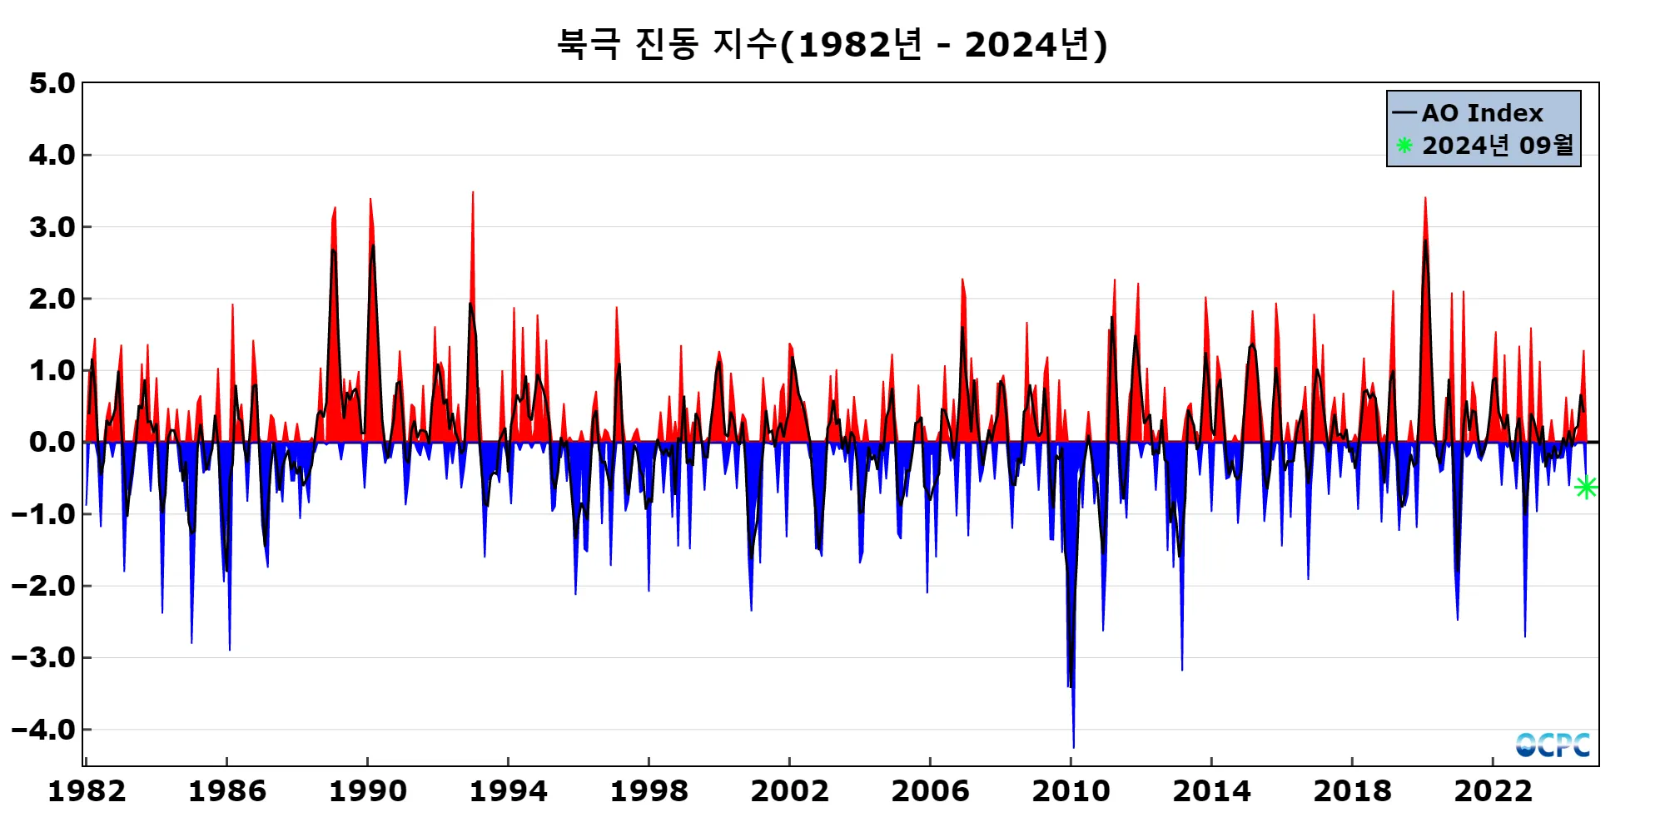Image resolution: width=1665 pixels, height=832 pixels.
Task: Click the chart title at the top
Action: pyautogui.click(x=832, y=44)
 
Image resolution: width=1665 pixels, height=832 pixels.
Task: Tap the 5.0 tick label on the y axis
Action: pyautogui.click(x=52, y=83)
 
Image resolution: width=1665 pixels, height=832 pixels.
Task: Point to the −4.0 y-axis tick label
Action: pyautogui.click(x=43, y=730)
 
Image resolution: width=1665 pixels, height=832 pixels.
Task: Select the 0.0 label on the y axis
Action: pyautogui.click(x=52, y=442)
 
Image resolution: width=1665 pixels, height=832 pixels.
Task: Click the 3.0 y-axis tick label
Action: pyautogui.click(x=52, y=227)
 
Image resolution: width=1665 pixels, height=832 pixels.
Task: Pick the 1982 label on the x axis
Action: pyautogui.click(x=87, y=791)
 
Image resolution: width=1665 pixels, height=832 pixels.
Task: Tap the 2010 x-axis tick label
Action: pyautogui.click(x=1071, y=791)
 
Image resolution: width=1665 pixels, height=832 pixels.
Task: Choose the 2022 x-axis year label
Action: pyautogui.click(x=1493, y=791)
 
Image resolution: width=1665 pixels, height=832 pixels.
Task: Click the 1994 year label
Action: pyautogui.click(x=508, y=791)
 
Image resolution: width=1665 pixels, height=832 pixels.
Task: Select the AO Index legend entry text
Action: pyautogui.click(x=1482, y=113)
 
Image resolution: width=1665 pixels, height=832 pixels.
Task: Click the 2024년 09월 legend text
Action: pyautogui.click(x=1498, y=146)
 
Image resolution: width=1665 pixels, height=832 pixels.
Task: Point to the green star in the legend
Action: pyautogui.click(x=1404, y=146)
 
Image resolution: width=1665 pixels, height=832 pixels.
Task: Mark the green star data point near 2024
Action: pyautogui.click(x=1586, y=488)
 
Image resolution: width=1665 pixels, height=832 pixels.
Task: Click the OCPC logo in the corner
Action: pyautogui.click(x=1553, y=745)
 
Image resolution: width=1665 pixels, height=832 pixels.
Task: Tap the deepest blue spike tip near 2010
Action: pyautogui.click(x=1073, y=746)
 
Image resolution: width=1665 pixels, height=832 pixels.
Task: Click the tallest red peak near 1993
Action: pyautogui.click(x=473, y=193)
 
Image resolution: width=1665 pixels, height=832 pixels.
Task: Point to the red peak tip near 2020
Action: pyautogui.click(x=1425, y=198)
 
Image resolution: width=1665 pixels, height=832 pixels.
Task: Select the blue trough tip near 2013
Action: pyautogui.click(x=1182, y=669)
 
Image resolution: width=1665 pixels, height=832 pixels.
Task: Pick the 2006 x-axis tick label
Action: pyautogui.click(x=930, y=791)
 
